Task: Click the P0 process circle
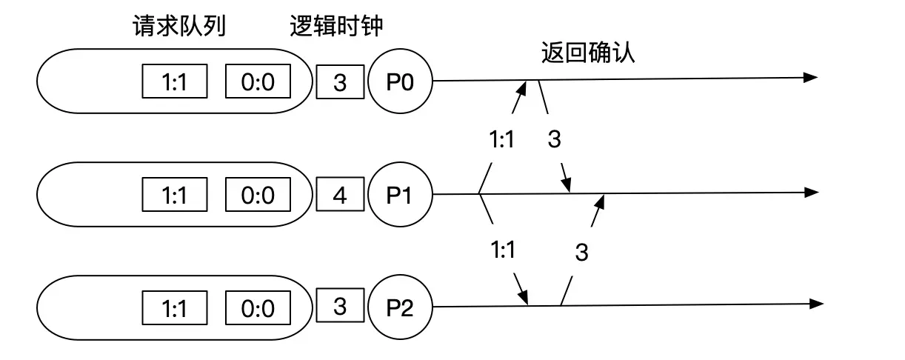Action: (400, 81)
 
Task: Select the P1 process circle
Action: (400, 195)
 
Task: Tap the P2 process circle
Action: (400, 307)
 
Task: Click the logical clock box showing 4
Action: (341, 196)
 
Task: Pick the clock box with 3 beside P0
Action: (341, 81)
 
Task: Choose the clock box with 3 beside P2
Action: (341, 307)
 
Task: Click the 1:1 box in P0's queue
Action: (175, 81)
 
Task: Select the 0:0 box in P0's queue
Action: (258, 81)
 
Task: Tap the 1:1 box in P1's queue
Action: (175, 196)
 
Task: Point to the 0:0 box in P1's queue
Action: (258, 196)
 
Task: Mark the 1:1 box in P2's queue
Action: (175, 307)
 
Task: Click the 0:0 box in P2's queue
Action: (258, 307)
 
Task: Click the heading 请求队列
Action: (178, 27)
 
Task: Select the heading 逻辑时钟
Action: (336, 27)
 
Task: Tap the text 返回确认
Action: (588, 53)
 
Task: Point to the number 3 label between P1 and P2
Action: (581, 253)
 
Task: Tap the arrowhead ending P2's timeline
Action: (816, 304)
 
